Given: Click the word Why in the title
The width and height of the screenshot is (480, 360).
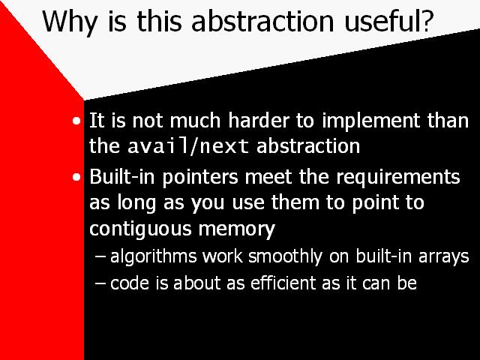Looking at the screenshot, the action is click(x=70, y=22).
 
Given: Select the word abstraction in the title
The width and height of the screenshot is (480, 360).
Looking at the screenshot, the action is click(x=262, y=21).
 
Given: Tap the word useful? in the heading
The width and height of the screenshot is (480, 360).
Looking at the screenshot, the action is click(x=389, y=21).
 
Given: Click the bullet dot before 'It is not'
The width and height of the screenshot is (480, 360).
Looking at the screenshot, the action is click(x=76, y=121).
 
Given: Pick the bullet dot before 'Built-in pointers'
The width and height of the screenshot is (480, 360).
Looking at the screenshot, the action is click(x=76, y=177).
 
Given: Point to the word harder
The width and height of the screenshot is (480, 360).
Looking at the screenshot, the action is click(x=259, y=120).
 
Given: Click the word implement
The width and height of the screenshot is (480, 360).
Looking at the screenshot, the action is click(x=370, y=121).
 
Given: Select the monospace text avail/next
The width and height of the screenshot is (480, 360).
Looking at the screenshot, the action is click(x=188, y=146).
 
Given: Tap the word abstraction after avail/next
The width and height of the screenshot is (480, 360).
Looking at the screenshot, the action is click(x=308, y=146).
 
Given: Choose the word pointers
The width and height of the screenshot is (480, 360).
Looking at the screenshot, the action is click(x=200, y=178).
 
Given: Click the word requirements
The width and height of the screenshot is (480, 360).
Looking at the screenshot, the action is click(x=398, y=178).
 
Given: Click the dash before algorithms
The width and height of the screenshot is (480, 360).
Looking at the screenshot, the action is click(x=100, y=256).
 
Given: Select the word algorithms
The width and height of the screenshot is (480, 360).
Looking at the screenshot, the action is click(x=153, y=256).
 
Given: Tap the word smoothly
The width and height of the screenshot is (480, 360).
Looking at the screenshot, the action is click(x=285, y=256).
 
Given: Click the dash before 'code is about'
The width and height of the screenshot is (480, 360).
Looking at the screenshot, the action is click(x=100, y=283).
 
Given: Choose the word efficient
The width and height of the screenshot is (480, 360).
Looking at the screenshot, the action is click(x=283, y=283).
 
